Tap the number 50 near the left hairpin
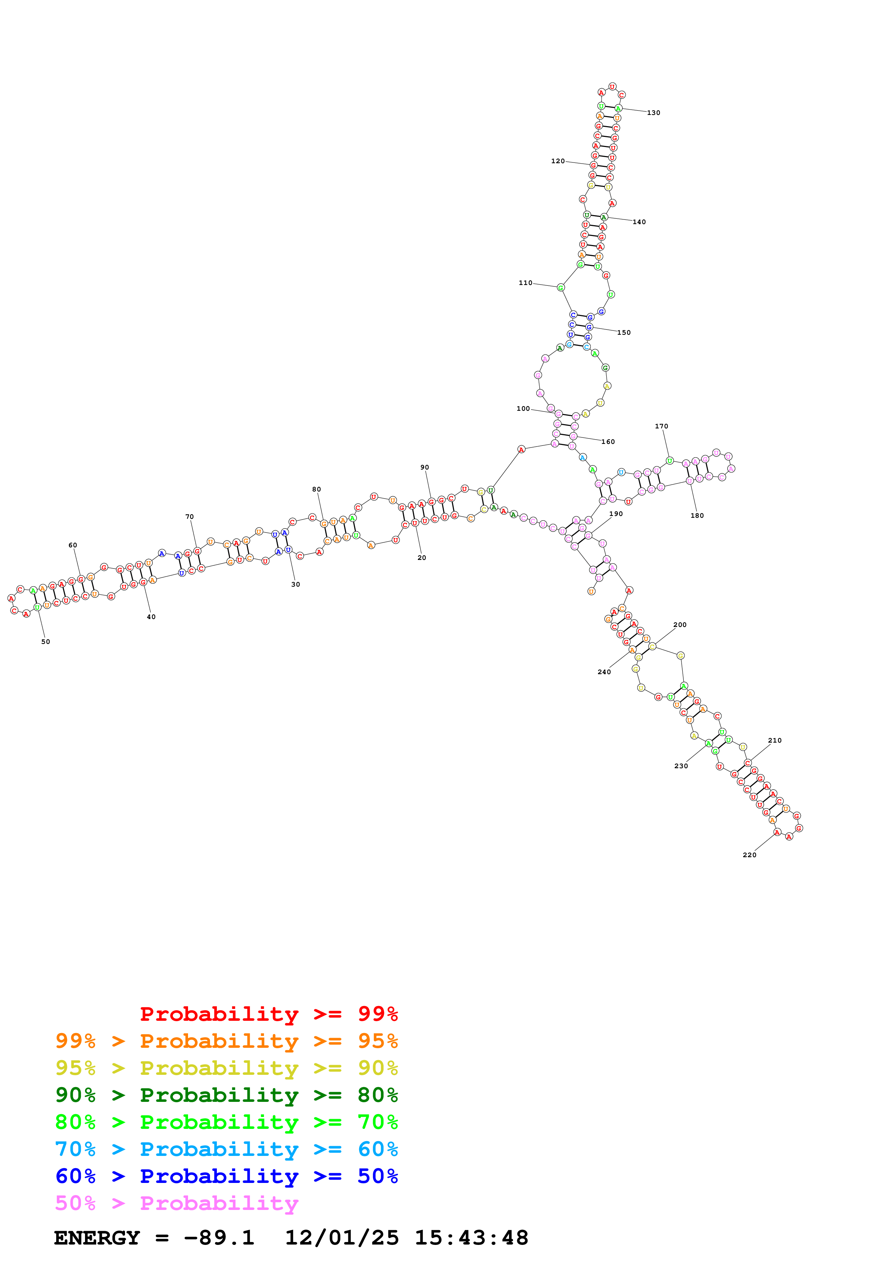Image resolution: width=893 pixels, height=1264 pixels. [x=46, y=641]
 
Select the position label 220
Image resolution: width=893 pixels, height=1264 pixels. [x=749, y=854]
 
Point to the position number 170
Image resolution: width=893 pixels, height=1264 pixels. [x=661, y=426]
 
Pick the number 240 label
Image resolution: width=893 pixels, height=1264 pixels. [x=604, y=672]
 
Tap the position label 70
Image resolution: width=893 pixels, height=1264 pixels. [x=189, y=516]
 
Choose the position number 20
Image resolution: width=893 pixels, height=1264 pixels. [x=421, y=558]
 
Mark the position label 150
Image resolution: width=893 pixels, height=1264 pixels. [x=624, y=333]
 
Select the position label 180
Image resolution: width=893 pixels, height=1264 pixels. [x=697, y=515]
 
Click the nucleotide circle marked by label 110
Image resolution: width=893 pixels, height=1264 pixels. [x=561, y=288]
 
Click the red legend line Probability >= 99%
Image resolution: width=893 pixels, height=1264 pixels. [x=268, y=1014]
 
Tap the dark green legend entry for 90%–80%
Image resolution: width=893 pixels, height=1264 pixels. [x=226, y=1095]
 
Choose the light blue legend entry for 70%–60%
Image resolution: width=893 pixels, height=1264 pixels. [x=226, y=1149]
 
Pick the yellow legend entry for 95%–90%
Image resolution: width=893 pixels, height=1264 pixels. [x=226, y=1068]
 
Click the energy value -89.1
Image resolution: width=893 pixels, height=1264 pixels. [x=219, y=1238]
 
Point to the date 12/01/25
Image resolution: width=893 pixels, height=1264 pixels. [x=342, y=1238]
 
